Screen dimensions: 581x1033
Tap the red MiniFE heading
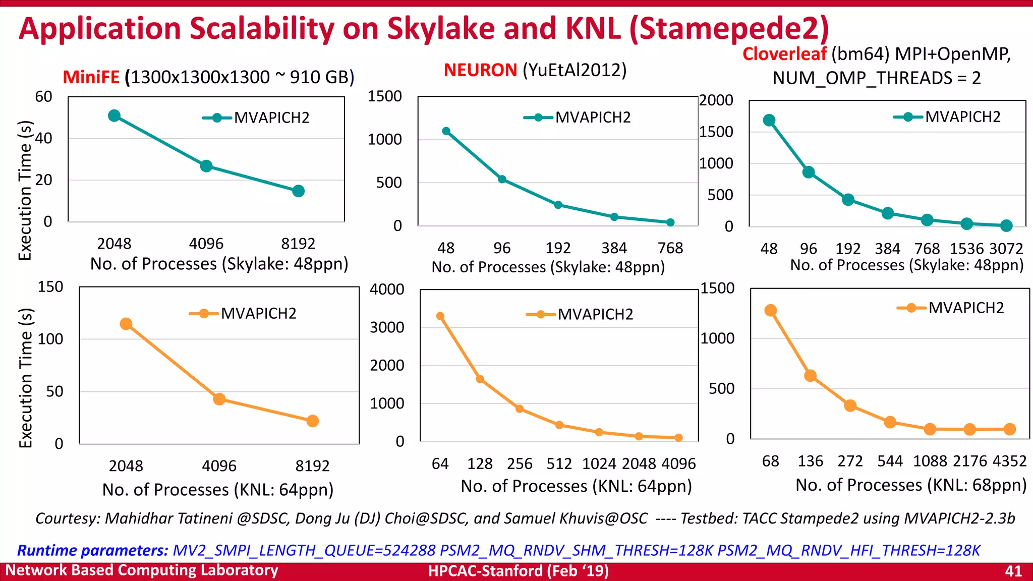pos(91,77)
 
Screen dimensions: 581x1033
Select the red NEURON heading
pos(480,70)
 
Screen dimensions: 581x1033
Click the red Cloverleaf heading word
pos(784,54)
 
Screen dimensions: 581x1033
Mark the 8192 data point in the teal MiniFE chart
pos(298,191)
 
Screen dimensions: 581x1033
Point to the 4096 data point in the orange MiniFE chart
pos(219,399)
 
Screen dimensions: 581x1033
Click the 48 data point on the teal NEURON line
pos(446,131)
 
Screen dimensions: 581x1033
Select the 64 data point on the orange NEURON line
pos(440,316)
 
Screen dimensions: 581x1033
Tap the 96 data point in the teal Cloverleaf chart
pos(809,172)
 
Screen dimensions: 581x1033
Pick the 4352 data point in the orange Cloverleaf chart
pos(1009,429)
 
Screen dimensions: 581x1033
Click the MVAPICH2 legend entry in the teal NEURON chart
pos(578,118)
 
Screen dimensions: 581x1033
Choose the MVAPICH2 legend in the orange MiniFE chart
pos(243,314)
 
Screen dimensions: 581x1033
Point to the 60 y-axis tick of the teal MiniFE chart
pos(44,96)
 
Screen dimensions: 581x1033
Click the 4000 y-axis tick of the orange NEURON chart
pos(387,289)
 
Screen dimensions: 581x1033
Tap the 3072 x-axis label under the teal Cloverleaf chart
pos(1006,249)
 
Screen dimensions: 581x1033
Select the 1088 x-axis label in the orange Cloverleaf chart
pos(930,461)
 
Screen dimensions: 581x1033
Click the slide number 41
pos(1013,571)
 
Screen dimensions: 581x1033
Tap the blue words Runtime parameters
pos(92,550)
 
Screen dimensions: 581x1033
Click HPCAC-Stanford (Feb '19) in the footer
pos(518,571)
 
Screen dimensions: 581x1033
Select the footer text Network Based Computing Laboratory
pos(142,570)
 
